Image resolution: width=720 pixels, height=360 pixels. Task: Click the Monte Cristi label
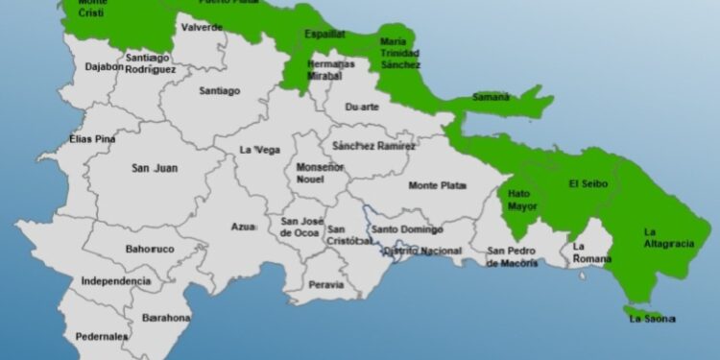(x=92, y=7)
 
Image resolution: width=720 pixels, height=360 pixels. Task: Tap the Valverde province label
(x=202, y=28)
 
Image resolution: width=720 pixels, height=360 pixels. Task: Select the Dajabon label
(x=105, y=67)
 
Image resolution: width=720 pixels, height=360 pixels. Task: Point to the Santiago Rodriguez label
(x=151, y=63)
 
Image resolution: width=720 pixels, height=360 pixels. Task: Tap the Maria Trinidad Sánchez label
(x=400, y=53)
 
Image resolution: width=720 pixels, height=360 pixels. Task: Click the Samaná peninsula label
(x=491, y=97)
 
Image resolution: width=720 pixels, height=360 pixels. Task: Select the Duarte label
(x=362, y=108)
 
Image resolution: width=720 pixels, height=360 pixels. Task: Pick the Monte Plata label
(x=437, y=185)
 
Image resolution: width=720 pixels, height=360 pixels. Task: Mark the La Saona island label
(x=653, y=318)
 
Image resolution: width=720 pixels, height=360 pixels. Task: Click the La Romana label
(x=591, y=252)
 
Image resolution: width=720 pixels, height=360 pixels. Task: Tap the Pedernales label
(x=102, y=337)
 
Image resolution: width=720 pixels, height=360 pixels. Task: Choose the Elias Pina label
(x=92, y=139)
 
